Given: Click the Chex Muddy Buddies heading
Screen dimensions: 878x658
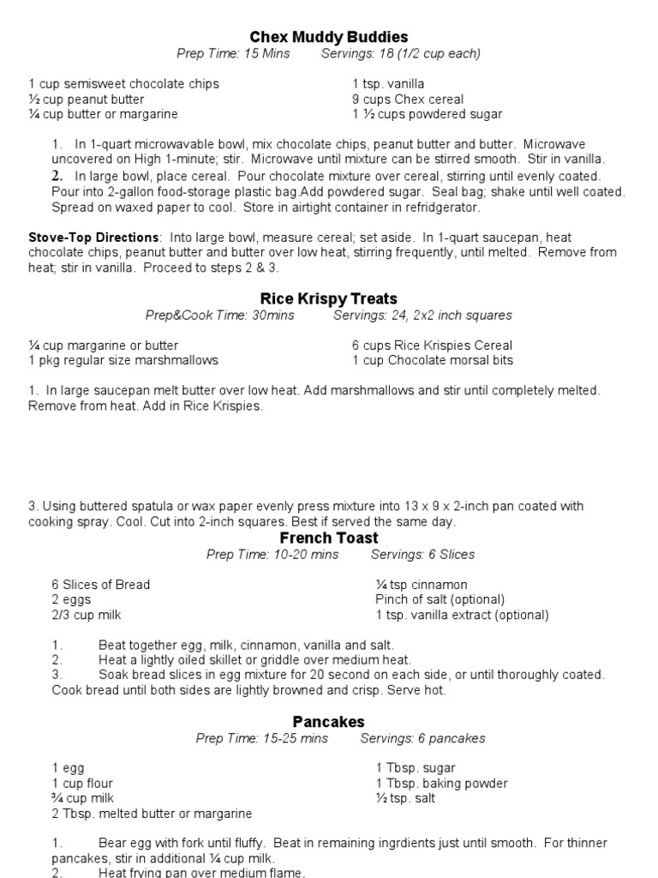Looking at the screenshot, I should click(x=329, y=37).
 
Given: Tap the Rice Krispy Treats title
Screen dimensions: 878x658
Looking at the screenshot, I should click(x=329, y=298).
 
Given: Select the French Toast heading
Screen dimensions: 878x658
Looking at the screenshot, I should click(x=329, y=538).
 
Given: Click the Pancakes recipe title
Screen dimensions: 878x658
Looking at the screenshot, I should click(x=329, y=722).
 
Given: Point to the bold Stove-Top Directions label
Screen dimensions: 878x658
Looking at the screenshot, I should click(x=93, y=238).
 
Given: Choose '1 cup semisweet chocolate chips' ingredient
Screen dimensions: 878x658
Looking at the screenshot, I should click(x=124, y=84).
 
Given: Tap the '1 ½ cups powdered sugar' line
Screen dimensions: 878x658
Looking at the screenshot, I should click(x=428, y=115).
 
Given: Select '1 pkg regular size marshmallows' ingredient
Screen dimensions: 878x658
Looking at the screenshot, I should click(x=123, y=360).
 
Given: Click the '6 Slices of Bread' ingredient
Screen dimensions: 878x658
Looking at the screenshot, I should click(x=100, y=585).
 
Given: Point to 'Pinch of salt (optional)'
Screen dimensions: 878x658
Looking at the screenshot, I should click(x=440, y=600).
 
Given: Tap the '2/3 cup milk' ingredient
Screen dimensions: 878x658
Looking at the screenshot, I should click(x=87, y=616).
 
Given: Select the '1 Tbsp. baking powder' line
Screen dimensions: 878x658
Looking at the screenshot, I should click(x=442, y=784).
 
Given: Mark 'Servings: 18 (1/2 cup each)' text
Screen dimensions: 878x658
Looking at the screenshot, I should click(x=401, y=54).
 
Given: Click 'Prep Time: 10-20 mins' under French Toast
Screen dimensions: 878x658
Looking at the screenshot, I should click(x=272, y=555).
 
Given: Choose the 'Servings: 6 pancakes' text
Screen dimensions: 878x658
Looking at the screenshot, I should click(x=423, y=738).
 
